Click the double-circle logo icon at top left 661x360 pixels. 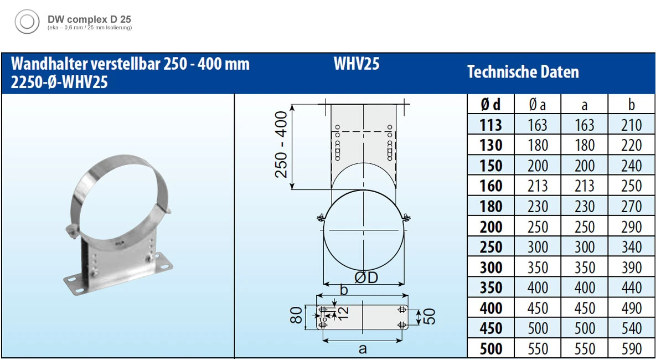[26, 23]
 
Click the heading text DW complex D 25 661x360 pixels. [89, 19]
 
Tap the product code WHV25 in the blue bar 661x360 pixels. [357, 64]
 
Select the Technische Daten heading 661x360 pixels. [523, 72]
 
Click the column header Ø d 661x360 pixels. [490, 105]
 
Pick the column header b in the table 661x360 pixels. [631, 105]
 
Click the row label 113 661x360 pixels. [490, 125]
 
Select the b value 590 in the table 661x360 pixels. [631, 348]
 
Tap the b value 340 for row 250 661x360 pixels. [631, 247]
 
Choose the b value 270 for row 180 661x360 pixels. [631, 206]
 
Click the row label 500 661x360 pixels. [490, 348]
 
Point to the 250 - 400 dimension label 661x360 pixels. [282, 145]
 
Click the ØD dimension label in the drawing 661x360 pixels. [366, 277]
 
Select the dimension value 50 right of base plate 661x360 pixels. [429, 316]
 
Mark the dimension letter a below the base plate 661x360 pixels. [363, 348]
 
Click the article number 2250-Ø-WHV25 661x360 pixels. [59, 83]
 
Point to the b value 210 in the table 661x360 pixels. [631, 125]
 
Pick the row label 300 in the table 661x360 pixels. [490, 268]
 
